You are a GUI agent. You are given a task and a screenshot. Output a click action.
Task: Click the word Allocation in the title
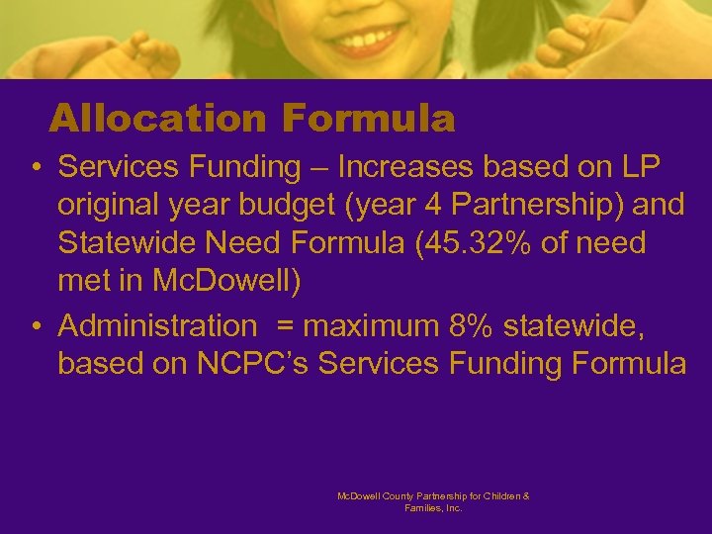(x=156, y=120)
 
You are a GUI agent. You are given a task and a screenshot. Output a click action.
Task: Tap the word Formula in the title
(x=368, y=120)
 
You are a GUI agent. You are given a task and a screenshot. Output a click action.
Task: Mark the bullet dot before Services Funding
(x=35, y=168)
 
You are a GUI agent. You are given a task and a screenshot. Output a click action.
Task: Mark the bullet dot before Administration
(x=35, y=326)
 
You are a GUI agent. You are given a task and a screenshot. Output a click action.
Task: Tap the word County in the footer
(x=393, y=495)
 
